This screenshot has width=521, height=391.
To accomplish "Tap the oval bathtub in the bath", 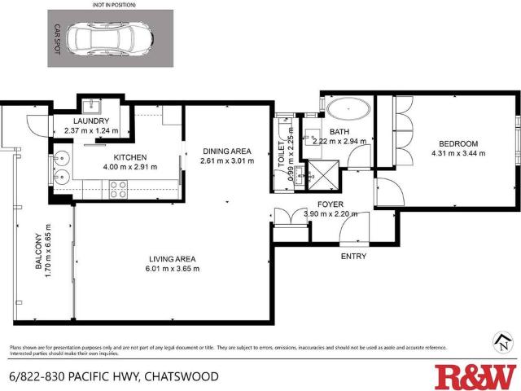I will pos(348,108).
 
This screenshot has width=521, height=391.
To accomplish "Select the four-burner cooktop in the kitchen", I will pos(119,189).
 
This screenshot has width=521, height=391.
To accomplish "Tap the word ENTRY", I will pos(353,257).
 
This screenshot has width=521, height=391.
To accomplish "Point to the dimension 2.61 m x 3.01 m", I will pos(227,161).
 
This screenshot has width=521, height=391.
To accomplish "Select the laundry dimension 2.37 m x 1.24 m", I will pos(91,130).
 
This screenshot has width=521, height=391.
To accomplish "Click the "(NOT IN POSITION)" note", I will pos(111,5).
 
